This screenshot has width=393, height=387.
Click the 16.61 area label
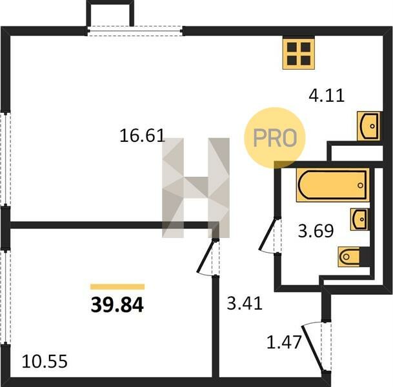point(142,135)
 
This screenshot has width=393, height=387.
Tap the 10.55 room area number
point(45,361)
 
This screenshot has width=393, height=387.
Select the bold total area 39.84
point(117,304)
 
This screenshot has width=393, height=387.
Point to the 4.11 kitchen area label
point(327,95)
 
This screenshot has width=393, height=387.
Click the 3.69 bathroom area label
point(316,231)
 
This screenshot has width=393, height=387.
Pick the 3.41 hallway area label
point(245,303)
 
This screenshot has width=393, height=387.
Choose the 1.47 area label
point(284,342)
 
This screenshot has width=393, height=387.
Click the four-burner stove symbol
point(299,54)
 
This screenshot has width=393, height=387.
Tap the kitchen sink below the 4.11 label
point(368,126)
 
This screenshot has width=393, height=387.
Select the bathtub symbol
point(333,185)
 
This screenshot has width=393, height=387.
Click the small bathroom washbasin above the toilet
point(359,219)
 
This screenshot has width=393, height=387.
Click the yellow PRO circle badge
point(275,137)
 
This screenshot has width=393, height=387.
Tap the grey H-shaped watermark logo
point(196,188)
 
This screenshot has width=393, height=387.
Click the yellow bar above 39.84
point(117,286)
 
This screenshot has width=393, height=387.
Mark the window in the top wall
point(136,31)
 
